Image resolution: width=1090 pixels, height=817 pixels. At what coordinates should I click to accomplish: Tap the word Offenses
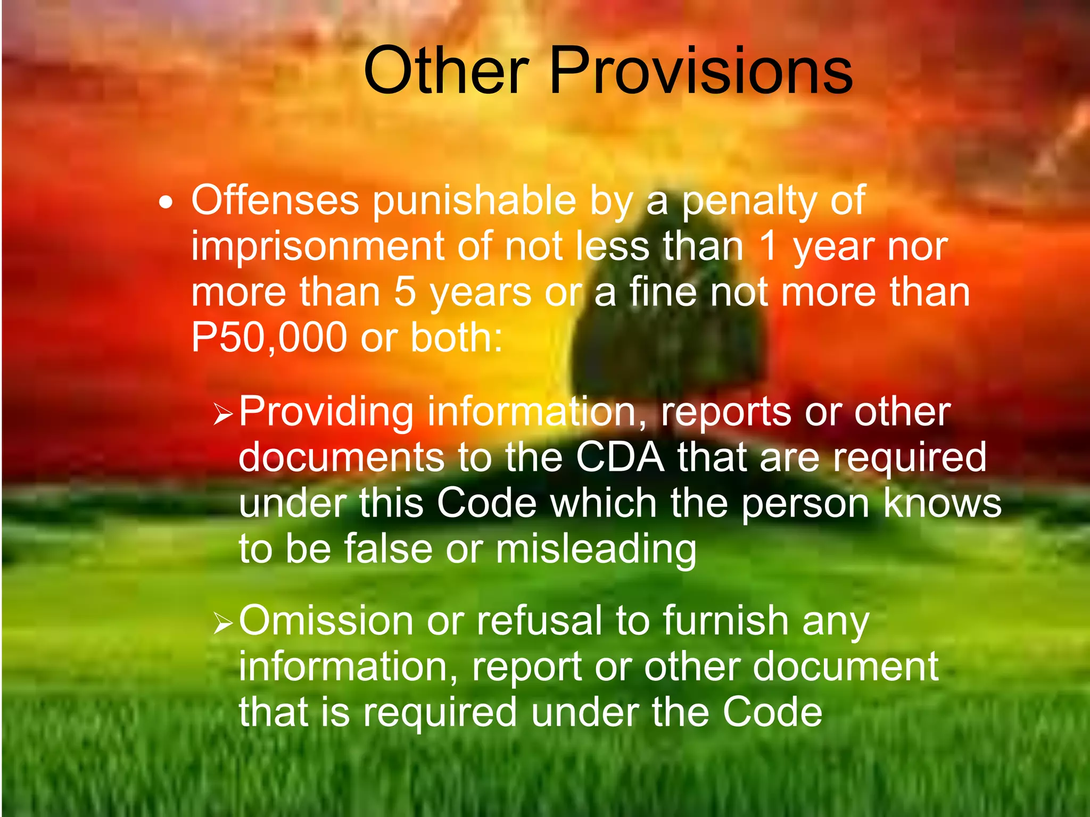tap(275, 201)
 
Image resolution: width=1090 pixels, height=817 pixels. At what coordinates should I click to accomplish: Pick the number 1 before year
tap(767, 246)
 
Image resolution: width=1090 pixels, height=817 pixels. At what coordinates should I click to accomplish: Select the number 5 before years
tap(405, 292)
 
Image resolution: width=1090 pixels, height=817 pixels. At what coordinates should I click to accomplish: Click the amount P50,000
tap(269, 338)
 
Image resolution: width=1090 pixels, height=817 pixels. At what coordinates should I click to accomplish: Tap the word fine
tap(662, 292)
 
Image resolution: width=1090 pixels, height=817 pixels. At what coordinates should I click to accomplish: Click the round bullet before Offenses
tap(166, 203)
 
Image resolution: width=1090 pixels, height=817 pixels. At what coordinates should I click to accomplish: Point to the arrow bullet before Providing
tap(222, 414)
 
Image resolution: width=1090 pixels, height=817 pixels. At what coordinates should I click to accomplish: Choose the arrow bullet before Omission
tap(222, 623)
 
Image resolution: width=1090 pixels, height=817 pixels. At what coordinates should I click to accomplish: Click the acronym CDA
tap(620, 457)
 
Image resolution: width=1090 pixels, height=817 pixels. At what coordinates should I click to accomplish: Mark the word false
tap(388, 548)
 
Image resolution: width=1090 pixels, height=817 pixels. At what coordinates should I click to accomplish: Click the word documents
tap(341, 457)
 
